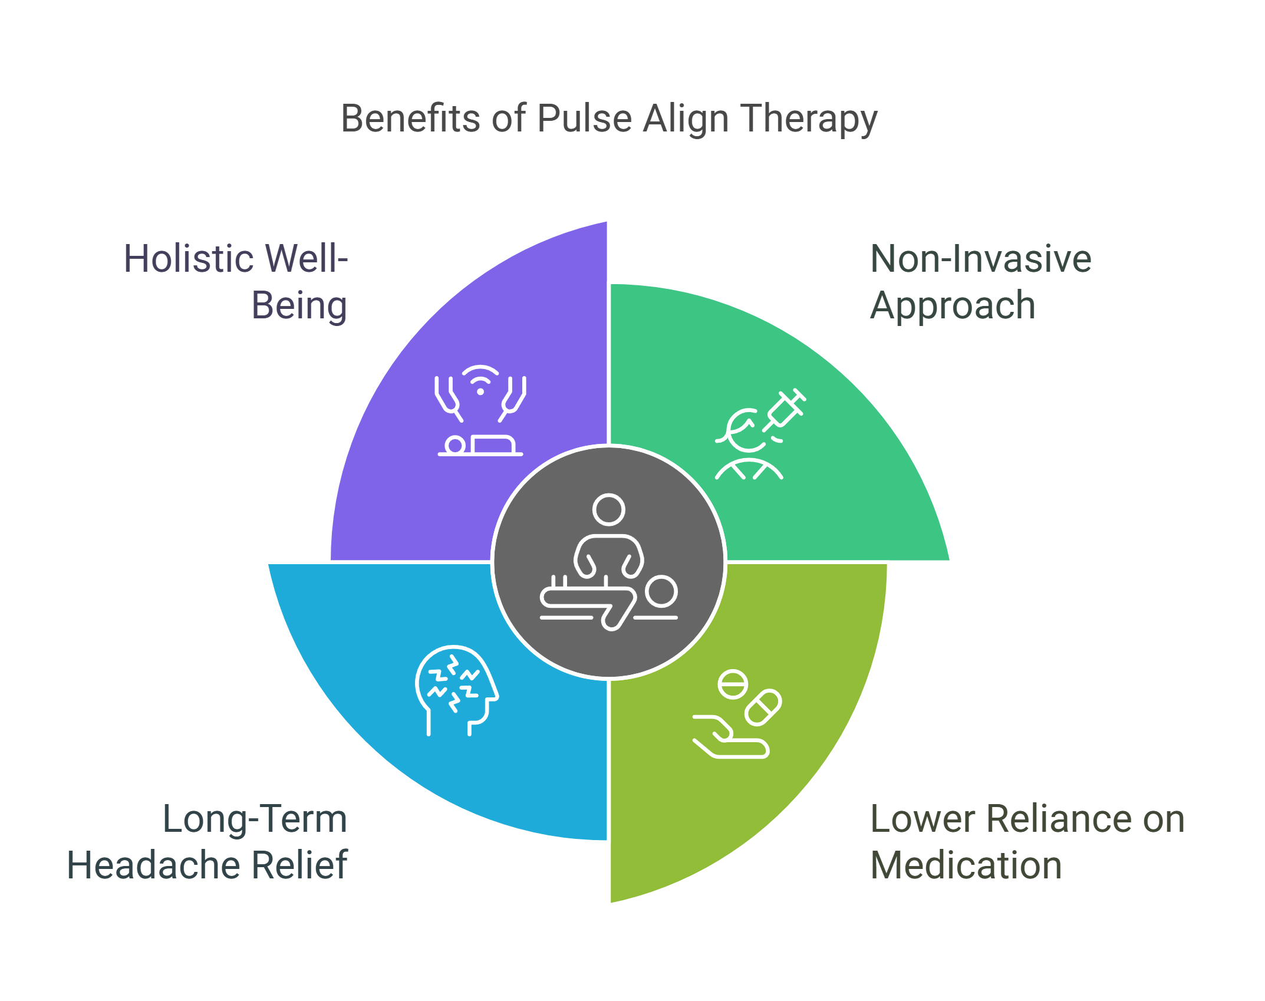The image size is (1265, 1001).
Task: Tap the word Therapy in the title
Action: pos(809,118)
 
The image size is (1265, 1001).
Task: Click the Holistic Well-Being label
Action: pos(236,282)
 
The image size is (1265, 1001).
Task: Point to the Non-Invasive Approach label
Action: pos(980,282)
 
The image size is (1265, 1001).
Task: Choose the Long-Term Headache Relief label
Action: pos(207,842)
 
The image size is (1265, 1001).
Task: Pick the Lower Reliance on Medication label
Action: pos(1027,842)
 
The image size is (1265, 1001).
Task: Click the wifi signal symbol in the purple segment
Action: pos(480,380)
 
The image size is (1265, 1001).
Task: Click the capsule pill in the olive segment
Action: pos(763,707)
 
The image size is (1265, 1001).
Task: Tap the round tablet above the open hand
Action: pos(733,684)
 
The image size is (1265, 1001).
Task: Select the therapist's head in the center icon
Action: pos(608,509)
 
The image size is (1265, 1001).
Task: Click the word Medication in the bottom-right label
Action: pos(966,865)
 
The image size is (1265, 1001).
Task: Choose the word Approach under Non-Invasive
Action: pos(953,305)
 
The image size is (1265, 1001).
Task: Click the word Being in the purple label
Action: pos(299,305)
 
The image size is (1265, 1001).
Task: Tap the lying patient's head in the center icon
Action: pos(661,591)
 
